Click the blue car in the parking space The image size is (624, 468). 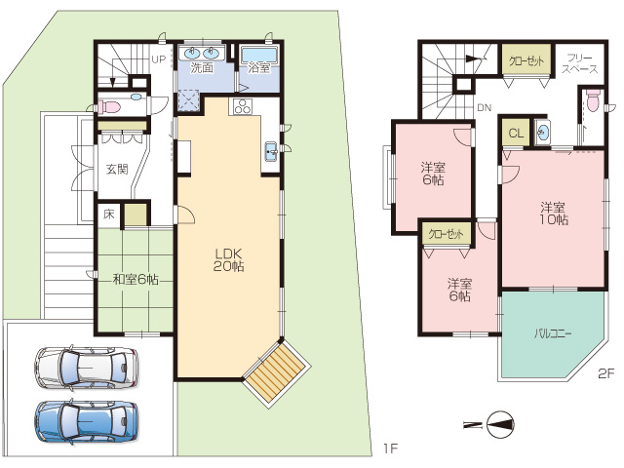point(87,423)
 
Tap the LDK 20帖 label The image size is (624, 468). point(229,260)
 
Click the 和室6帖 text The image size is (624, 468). point(136,280)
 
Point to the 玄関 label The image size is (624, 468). point(117,169)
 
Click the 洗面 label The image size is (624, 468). point(202,67)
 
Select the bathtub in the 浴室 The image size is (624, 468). point(259,55)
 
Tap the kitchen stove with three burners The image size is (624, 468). point(243,106)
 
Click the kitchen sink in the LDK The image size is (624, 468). point(272,152)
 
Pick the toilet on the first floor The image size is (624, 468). point(112,106)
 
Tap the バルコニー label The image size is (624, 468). point(553,333)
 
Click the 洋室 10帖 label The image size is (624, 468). point(554,214)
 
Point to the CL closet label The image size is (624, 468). point(516,134)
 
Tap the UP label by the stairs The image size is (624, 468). point(158,59)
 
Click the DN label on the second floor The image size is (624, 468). point(485,107)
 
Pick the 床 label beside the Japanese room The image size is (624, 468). point(108,214)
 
